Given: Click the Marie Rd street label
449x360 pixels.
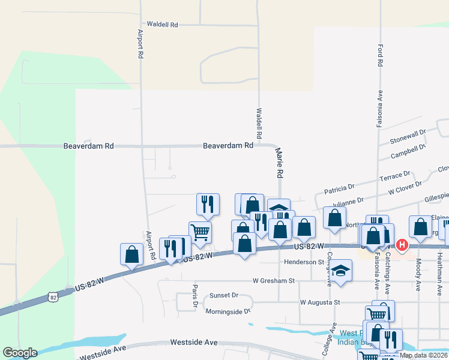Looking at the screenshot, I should (x=279, y=164).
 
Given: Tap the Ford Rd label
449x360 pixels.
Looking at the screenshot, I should (x=380, y=55).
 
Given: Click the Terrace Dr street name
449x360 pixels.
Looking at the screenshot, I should (x=395, y=178).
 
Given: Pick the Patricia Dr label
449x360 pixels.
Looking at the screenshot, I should (x=340, y=190).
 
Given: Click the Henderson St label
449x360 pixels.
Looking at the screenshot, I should (x=304, y=262).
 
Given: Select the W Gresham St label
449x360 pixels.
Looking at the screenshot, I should (x=274, y=280).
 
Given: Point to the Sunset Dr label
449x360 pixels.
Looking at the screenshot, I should (x=224, y=296).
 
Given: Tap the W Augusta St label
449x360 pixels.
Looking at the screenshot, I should (x=320, y=302).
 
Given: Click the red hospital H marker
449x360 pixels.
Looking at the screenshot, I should (x=402, y=245).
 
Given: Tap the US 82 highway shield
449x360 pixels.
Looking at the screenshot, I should (x=54, y=297).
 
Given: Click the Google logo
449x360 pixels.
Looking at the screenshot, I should (x=20, y=353).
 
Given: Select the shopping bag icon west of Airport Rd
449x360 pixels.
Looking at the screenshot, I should (x=131, y=254).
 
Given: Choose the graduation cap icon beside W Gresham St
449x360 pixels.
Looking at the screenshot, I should (x=340, y=271).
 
